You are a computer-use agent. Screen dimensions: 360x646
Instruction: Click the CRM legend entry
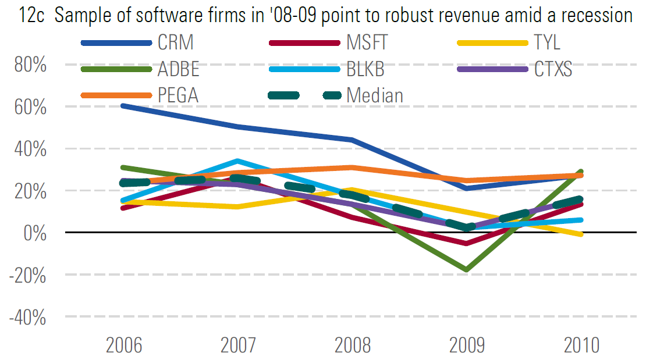[175, 42]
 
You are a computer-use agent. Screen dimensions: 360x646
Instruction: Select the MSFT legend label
[367, 42]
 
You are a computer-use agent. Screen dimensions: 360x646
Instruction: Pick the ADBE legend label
[178, 69]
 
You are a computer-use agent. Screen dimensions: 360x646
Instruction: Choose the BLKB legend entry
[365, 69]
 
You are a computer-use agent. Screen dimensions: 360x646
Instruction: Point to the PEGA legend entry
[178, 95]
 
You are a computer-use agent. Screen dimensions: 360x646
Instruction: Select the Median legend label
[375, 95]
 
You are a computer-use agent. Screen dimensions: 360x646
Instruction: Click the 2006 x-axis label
[125, 345]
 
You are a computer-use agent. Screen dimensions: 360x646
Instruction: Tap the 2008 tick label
[353, 345]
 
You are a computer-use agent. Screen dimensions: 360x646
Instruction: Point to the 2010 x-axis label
[581, 345]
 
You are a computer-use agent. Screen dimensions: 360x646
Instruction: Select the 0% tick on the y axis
[37, 233]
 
